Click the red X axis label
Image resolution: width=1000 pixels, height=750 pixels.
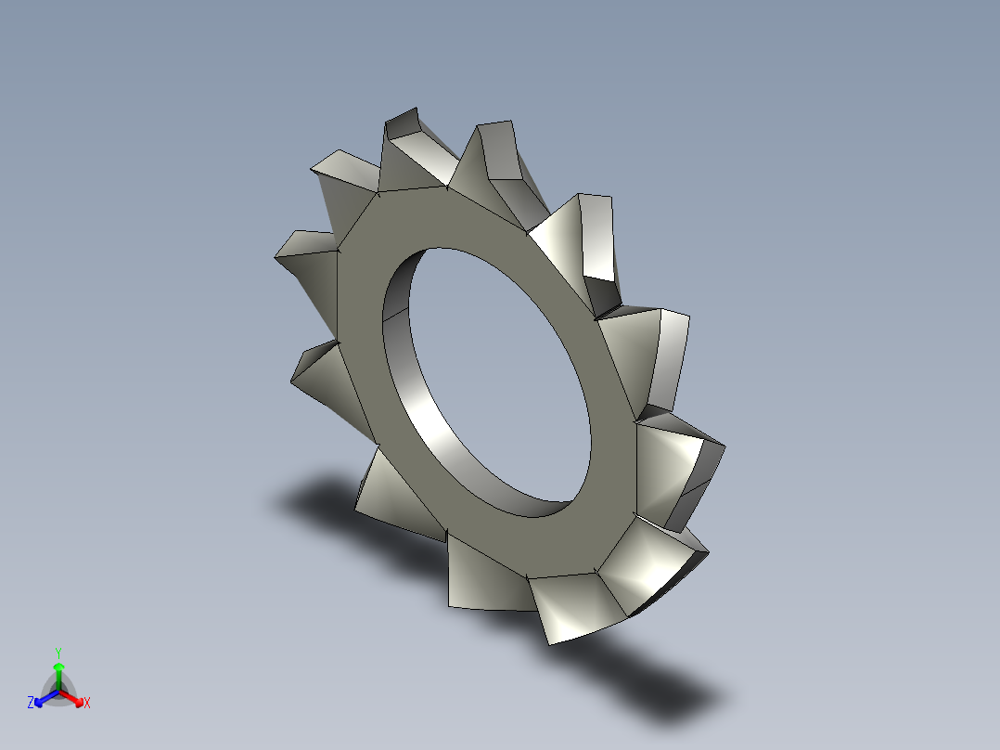87,703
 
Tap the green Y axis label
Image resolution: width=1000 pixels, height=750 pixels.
58,653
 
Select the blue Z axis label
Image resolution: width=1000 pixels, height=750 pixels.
31,703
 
